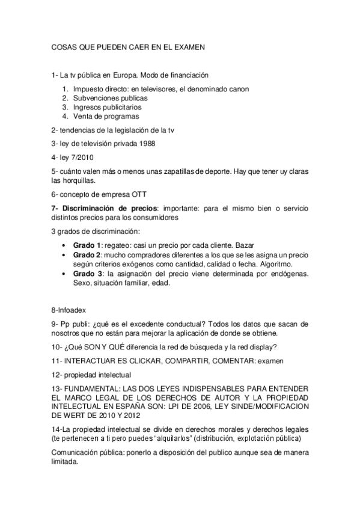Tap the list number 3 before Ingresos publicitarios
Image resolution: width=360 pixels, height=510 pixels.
click(x=65, y=107)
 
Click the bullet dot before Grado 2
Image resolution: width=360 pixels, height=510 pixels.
click(x=64, y=255)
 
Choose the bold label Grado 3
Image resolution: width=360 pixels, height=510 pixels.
click(x=87, y=274)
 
